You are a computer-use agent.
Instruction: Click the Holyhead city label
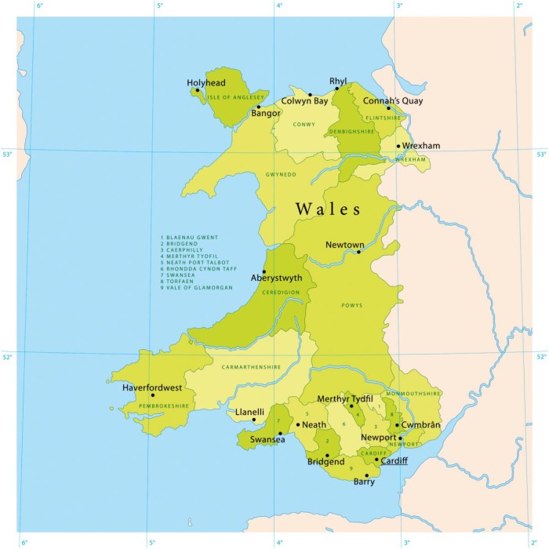[x=205, y=82]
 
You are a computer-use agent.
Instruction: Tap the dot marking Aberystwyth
[x=264, y=271]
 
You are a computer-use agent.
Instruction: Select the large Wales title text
[x=328, y=209]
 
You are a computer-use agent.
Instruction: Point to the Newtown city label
[x=345, y=244]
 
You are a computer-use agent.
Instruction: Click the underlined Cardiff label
[x=394, y=460]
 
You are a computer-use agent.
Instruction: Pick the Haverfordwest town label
[x=152, y=387]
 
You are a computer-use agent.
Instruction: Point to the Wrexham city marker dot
[x=398, y=146]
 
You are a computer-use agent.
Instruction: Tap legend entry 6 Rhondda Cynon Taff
[x=198, y=268]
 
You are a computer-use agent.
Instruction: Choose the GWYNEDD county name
[x=281, y=174]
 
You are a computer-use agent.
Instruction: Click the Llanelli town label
[x=249, y=412]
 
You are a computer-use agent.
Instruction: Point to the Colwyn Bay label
[x=304, y=101]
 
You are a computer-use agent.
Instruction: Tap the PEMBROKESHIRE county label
[x=164, y=405]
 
